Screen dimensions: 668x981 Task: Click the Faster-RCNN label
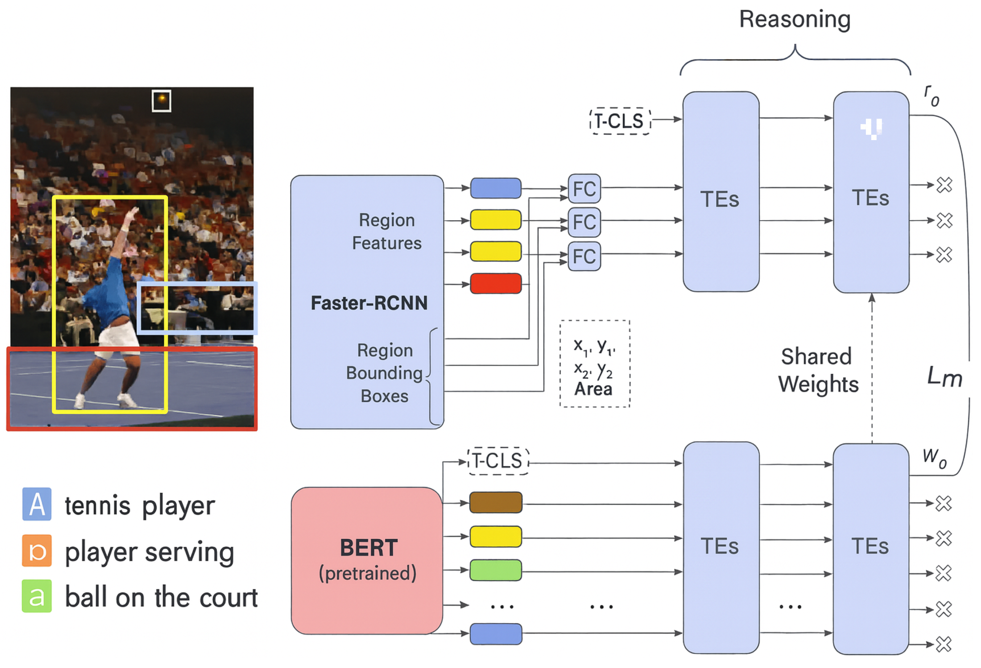(x=369, y=303)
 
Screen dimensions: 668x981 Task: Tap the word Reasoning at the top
(x=795, y=19)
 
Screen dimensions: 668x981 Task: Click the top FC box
(x=584, y=188)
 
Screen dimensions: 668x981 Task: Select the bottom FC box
(x=584, y=256)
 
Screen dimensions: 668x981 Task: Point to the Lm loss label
(x=944, y=377)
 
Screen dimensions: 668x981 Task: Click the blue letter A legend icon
(x=37, y=504)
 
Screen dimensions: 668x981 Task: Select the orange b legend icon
(x=37, y=551)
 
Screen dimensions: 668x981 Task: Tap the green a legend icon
(x=37, y=596)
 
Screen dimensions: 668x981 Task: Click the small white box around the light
(x=161, y=100)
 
